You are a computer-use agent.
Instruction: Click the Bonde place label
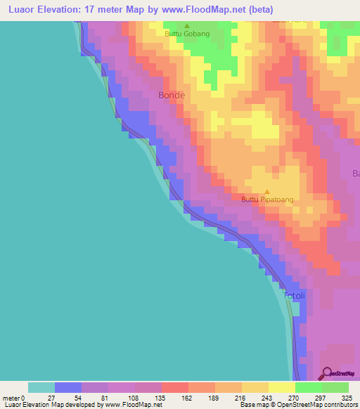click(172, 95)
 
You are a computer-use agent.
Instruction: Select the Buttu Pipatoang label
click(267, 200)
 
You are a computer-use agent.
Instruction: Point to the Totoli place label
click(295, 296)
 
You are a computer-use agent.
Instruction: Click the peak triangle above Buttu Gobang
click(186, 25)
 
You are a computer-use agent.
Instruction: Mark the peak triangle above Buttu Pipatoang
click(266, 191)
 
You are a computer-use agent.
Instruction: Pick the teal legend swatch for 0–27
click(41, 387)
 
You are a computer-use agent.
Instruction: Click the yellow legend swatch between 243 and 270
click(281, 387)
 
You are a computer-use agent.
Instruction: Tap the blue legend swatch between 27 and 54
click(68, 387)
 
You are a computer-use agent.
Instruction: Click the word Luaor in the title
click(20, 10)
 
